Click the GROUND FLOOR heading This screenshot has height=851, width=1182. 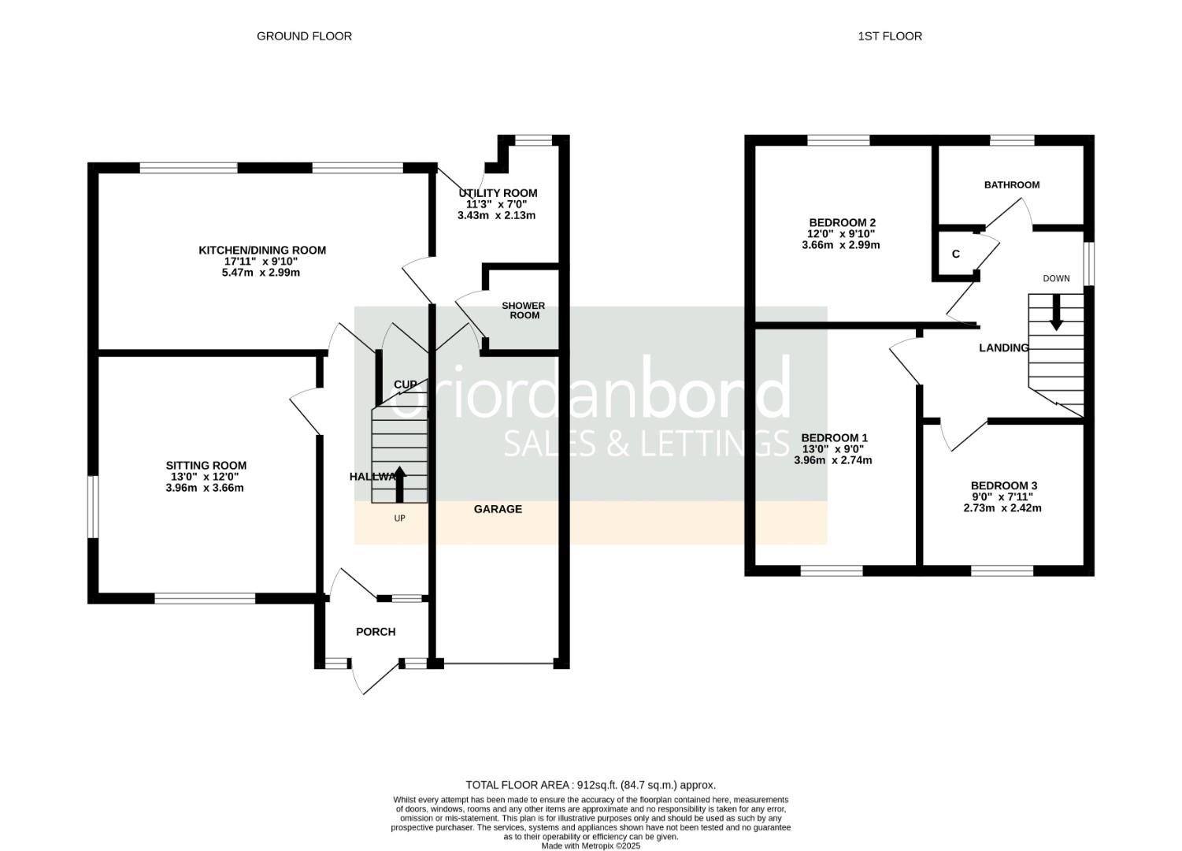[304, 36]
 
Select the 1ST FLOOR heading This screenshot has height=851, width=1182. [890, 36]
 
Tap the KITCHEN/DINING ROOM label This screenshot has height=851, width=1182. [261, 251]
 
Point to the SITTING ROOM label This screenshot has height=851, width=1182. [206, 466]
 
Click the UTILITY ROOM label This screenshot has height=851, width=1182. [498, 193]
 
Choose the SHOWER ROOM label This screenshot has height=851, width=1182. [524, 310]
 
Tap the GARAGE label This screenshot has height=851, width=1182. [498, 509]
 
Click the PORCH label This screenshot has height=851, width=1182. [376, 632]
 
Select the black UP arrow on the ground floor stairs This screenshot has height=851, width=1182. [399, 484]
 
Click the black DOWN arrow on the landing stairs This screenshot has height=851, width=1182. [1056, 313]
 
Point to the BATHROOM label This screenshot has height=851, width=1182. [1011, 185]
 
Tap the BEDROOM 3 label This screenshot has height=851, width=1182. [1003, 486]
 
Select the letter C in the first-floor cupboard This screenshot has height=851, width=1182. [955, 255]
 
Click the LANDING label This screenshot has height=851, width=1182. [1003, 348]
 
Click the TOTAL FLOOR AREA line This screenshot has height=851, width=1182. [591, 785]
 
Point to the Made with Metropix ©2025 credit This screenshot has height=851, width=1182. [591, 846]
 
